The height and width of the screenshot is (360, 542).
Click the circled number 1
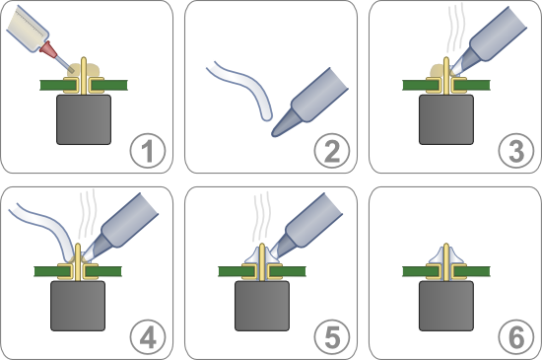click(148, 151)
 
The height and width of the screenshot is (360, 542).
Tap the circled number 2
click(332, 151)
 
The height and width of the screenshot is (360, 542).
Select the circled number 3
click(516, 151)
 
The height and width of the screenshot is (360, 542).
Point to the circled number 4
click(148, 337)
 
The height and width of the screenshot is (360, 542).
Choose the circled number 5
click(332, 337)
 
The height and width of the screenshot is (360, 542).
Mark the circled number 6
click(516, 337)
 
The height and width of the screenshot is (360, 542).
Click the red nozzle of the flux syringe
click(48, 49)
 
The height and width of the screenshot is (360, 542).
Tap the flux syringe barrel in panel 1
click(27, 29)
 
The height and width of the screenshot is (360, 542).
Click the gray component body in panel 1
click(84, 119)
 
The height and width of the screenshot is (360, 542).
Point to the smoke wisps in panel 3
click(456, 29)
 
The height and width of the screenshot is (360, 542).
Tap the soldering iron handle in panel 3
click(499, 35)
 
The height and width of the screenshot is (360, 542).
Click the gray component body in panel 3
click(446, 119)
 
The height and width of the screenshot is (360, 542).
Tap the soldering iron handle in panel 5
click(313, 220)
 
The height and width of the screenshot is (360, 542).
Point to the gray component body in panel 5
click(262, 306)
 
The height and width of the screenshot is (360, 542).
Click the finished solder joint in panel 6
click(446, 255)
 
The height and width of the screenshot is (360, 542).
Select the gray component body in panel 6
click(446, 306)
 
